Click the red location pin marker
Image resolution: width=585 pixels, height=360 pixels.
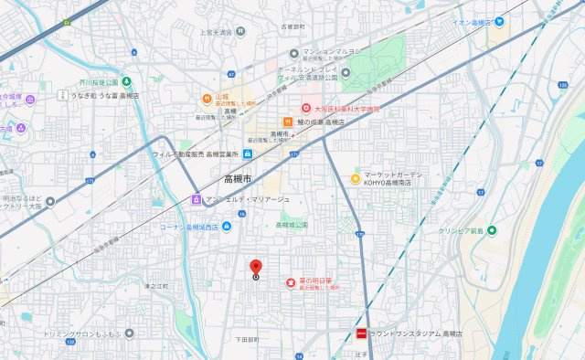[x=255, y=268]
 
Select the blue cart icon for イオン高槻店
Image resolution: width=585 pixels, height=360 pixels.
[x=498, y=21]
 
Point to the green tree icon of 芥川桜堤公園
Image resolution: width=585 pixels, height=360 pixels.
[x=126, y=81]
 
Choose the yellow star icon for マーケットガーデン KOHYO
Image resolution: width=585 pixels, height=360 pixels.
[x=355, y=177]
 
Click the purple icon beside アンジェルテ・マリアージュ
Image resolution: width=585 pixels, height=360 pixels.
[x=195, y=199]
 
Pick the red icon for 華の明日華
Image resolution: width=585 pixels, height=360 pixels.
[x=291, y=281]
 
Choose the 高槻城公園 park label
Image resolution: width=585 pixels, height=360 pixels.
[x=292, y=225]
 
